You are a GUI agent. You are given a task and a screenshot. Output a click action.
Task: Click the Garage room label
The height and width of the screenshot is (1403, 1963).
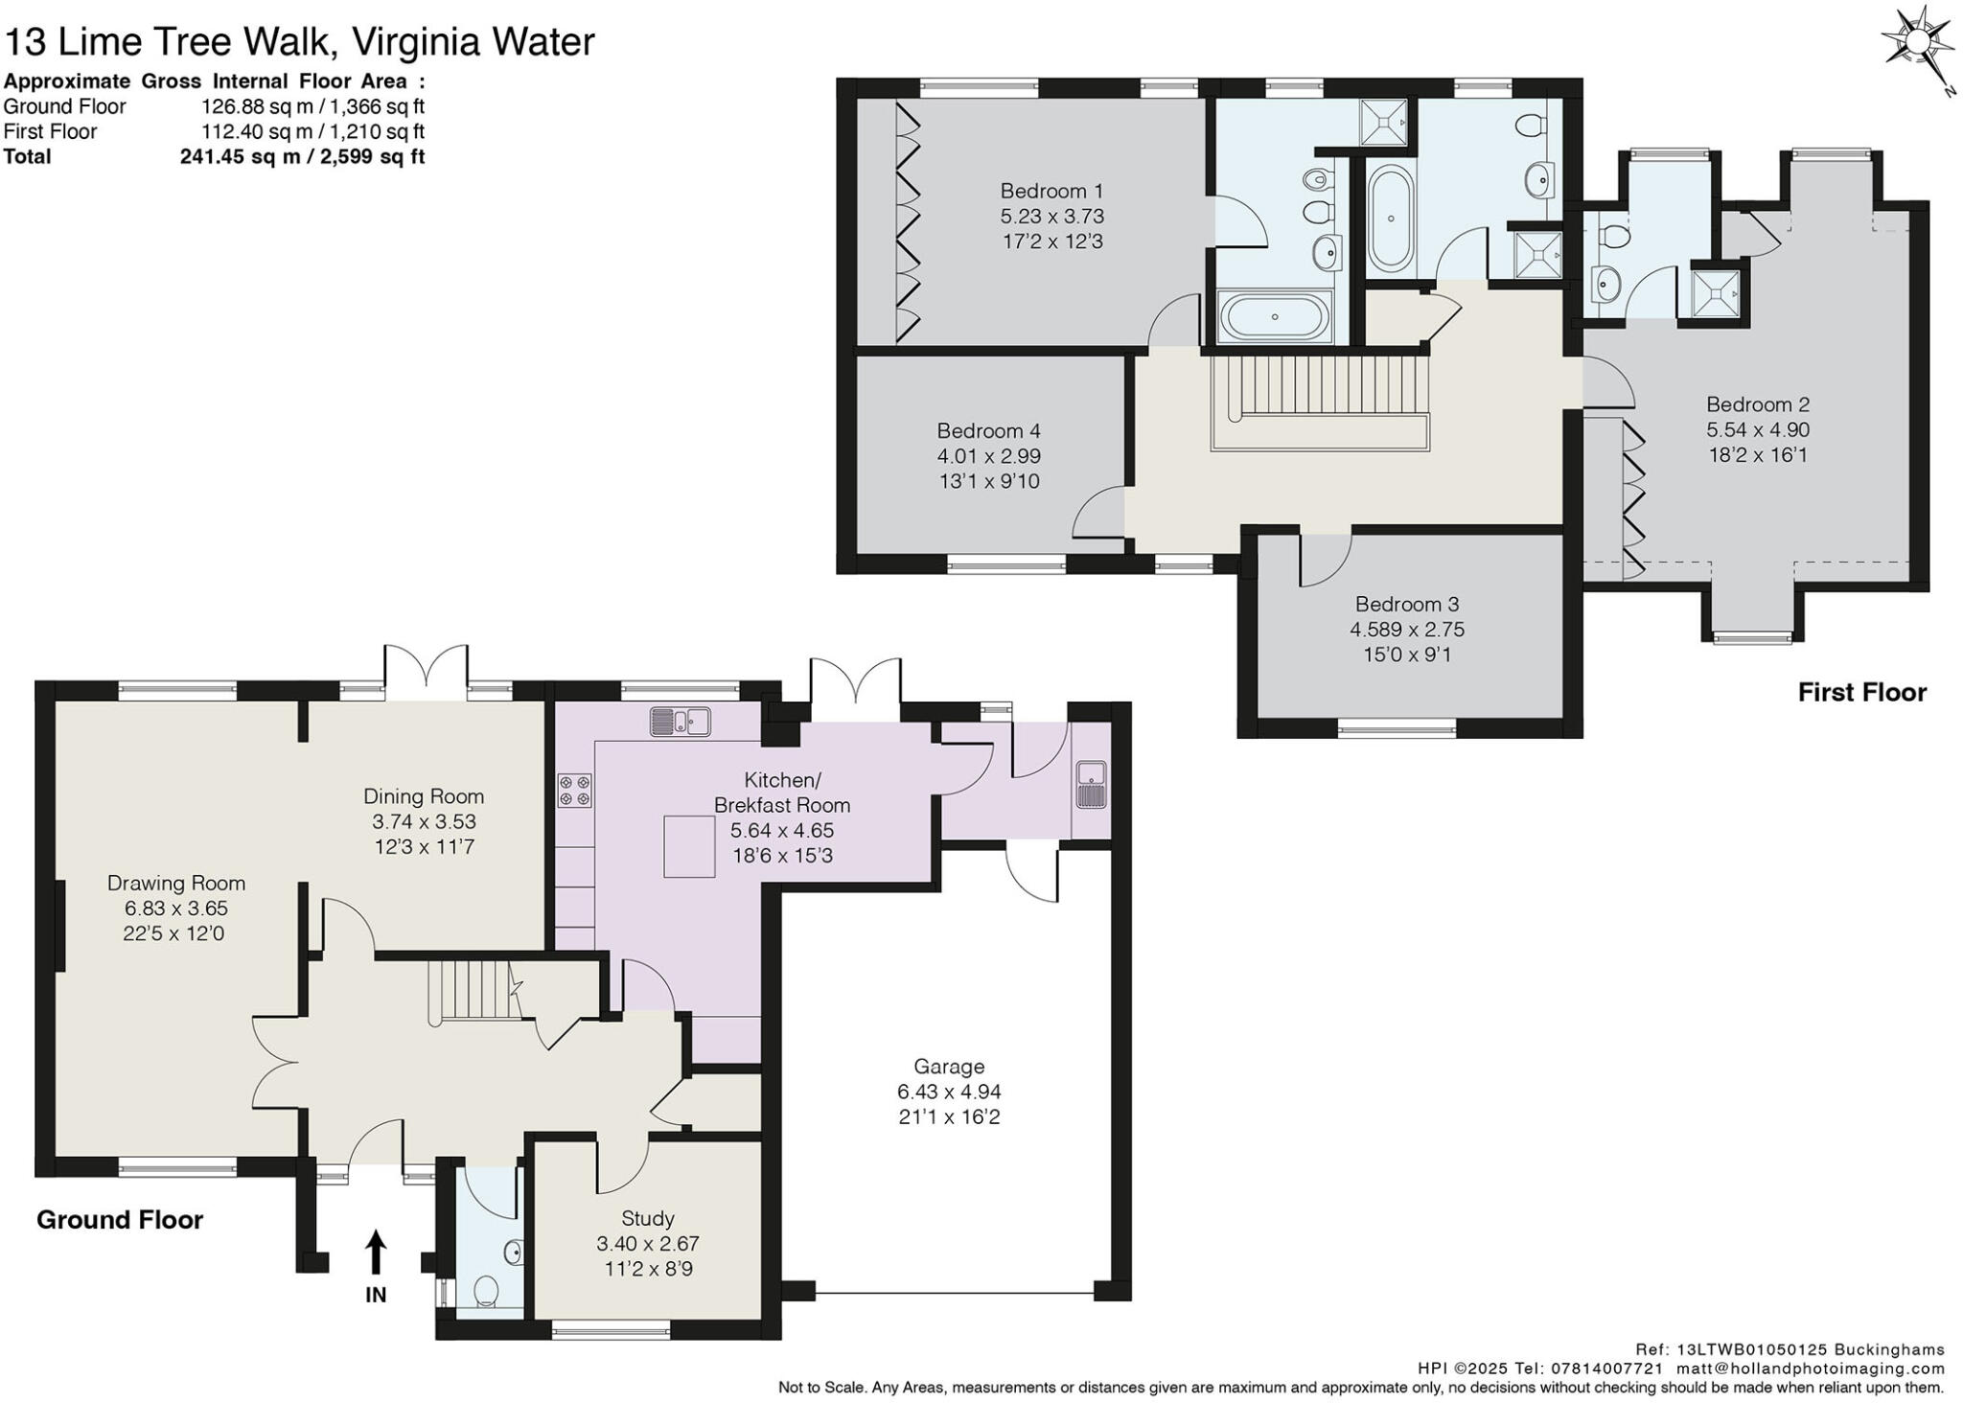[x=948, y=1066]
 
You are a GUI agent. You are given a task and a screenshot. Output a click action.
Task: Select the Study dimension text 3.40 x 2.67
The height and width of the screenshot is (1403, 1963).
[x=647, y=1244]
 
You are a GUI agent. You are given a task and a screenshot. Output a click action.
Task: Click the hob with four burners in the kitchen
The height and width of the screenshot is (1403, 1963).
[x=575, y=791]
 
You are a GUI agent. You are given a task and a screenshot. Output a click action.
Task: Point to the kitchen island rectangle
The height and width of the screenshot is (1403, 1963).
[x=689, y=845]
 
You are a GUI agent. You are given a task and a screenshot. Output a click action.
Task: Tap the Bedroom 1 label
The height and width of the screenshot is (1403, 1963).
[x=1051, y=191]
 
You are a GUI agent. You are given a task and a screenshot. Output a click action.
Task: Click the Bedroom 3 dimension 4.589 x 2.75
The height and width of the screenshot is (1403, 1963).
[x=1406, y=630]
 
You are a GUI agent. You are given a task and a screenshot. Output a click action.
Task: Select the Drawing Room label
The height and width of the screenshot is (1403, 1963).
[x=175, y=883]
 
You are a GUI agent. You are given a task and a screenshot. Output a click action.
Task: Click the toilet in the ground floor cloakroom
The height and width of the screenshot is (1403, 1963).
[x=487, y=1291]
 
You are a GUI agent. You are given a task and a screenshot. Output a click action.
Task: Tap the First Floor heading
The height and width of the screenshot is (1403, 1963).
[x=1860, y=692]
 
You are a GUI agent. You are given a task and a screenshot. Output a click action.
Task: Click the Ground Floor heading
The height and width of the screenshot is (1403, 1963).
[x=120, y=1220]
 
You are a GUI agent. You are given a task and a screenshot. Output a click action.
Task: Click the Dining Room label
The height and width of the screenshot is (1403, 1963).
[x=423, y=796]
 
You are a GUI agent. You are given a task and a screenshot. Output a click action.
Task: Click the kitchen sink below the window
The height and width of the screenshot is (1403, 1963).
[x=680, y=722]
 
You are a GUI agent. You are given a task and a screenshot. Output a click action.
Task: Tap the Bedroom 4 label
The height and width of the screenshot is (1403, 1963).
[x=988, y=431]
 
